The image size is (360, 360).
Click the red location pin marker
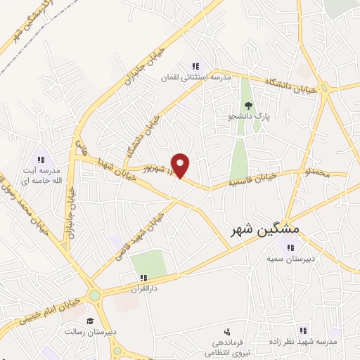pyautogui.click(x=181, y=165)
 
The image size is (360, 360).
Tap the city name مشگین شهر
pyautogui.click(x=265, y=230)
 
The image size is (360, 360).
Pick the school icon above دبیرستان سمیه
pyautogui.click(x=290, y=247)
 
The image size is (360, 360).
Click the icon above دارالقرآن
pyautogui.click(x=143, y=278)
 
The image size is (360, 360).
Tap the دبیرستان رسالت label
pyautogui.click(x=91, y=332)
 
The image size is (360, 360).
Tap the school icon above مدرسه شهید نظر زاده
pyautogui.click(x=304, y=330)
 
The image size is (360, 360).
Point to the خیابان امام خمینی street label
pyautogui.click(x=42, y=310)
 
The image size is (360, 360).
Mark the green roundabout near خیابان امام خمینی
pyautogui.click(x=94, y=296)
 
